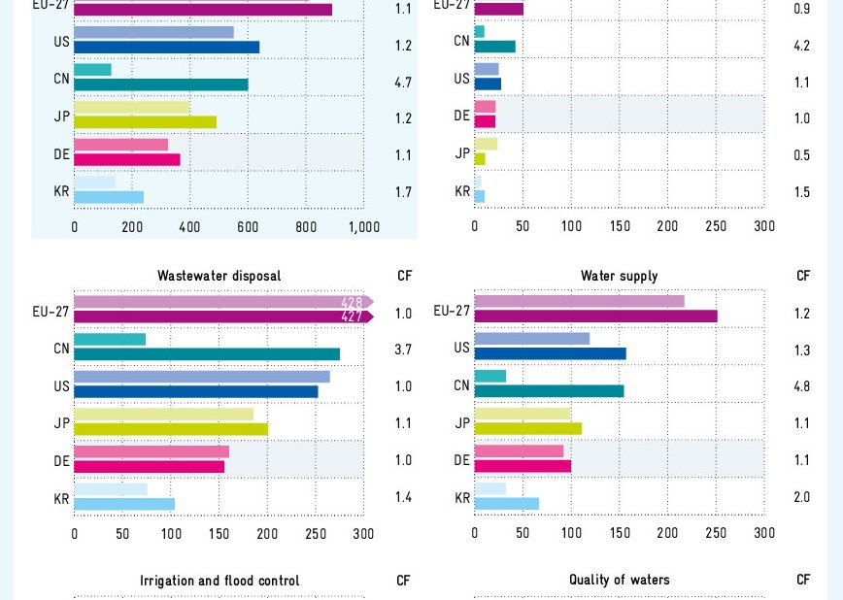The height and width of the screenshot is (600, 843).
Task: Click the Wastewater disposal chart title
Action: point(219,276)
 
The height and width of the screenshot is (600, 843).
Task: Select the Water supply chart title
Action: point(619,276)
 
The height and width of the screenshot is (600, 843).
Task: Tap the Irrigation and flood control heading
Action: point(219,581)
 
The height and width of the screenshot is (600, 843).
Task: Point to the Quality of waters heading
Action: point(619,580)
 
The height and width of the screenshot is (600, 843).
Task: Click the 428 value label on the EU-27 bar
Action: point(352,302)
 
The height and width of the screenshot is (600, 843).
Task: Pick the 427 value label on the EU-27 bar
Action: point(352,317)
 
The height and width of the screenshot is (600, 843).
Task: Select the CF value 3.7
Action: point(403,350)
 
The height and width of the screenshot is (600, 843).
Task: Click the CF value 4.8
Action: point(802,386)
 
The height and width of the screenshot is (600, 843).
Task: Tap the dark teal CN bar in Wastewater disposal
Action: point(207,354)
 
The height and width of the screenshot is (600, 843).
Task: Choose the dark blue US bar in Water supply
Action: point(550,353)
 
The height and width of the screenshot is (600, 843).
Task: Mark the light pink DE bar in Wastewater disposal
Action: point(152,451)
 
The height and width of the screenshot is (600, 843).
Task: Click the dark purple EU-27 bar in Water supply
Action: point(595,317)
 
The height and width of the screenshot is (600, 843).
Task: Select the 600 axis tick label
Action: point(248,227)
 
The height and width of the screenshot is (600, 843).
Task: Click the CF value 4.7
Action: point(403,83)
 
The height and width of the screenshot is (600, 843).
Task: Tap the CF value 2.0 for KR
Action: point(802,497)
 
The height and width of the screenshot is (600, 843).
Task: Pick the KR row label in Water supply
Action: point(462,498)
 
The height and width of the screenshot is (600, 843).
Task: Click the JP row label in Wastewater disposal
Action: point(62,423)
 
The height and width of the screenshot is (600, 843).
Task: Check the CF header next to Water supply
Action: point(803,276)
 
